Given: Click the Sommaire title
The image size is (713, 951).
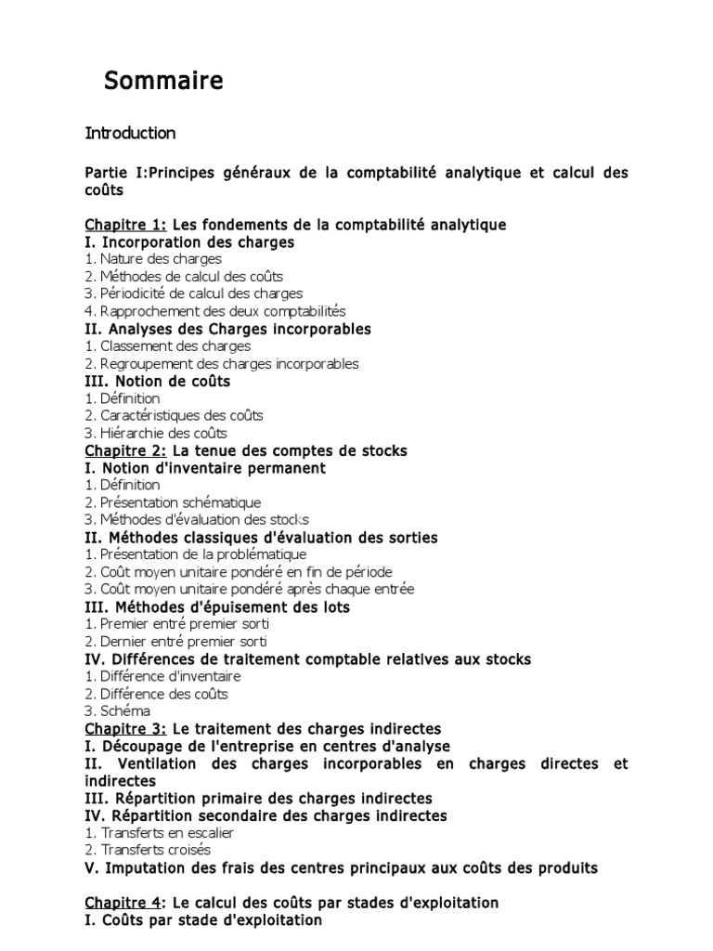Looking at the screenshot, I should point(163,82).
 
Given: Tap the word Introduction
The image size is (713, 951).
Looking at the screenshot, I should point(130,133).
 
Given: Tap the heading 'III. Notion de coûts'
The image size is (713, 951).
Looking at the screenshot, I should point(158,381).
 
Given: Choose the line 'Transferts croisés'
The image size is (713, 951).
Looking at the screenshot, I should point(155,850).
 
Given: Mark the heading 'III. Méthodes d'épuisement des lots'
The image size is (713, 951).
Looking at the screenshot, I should point(217,606).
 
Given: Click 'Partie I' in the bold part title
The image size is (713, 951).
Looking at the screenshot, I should point(110,173).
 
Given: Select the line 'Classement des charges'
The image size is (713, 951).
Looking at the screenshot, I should point(168,346).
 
